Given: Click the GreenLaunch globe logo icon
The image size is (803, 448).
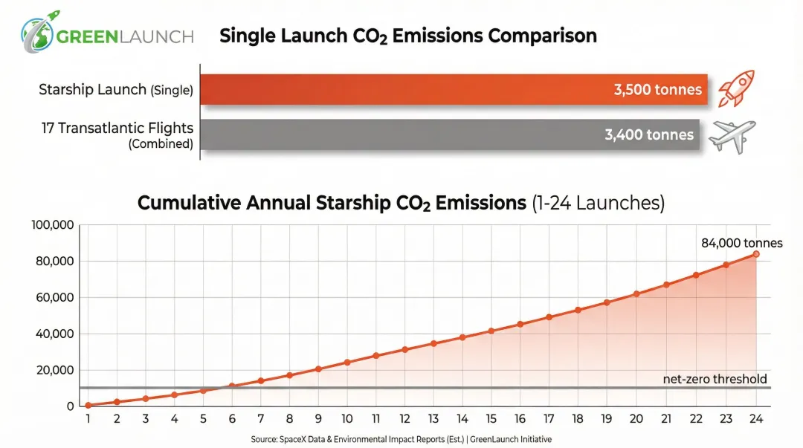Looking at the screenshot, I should (36, 34).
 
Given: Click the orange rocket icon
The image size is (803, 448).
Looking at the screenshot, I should (735, 88).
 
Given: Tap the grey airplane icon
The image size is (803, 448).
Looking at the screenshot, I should (732, 136).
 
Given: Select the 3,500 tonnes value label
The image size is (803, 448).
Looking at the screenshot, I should (657, 90).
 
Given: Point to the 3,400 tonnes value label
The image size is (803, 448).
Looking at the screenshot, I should (649, 134).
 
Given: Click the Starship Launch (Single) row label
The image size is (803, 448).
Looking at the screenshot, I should (115, 90).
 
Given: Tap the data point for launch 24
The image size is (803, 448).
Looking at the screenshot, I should (756, 254).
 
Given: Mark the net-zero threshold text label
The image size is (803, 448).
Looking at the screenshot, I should (715, 379).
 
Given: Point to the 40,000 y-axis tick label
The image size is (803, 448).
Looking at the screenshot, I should (55, 334).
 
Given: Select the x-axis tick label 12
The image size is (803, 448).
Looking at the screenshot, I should (405, 419).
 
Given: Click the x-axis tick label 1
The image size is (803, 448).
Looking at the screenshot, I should (88, 419).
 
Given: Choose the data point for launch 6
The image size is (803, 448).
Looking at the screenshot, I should (232, 386).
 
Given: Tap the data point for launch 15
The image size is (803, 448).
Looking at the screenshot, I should (491, 331).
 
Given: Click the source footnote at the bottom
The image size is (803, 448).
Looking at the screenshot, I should (401, 440).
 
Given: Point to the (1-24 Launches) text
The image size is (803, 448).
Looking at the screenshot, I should (598, 203).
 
